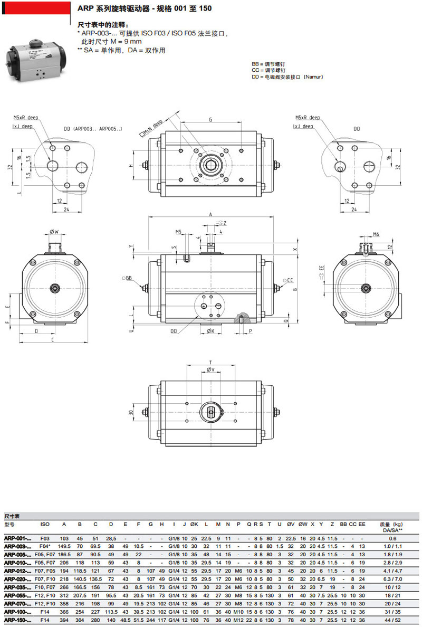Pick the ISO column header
tap(45, 524)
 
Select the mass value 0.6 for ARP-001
tap(392, 538)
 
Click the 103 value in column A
tap(64, 538)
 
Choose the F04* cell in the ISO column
tap(45, 546)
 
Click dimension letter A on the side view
tap(211, 215)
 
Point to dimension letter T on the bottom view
tap(211, 362)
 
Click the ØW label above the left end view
tap(54, 231)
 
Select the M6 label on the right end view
tap(376, 234)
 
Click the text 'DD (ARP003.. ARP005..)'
tap(93, 128)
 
